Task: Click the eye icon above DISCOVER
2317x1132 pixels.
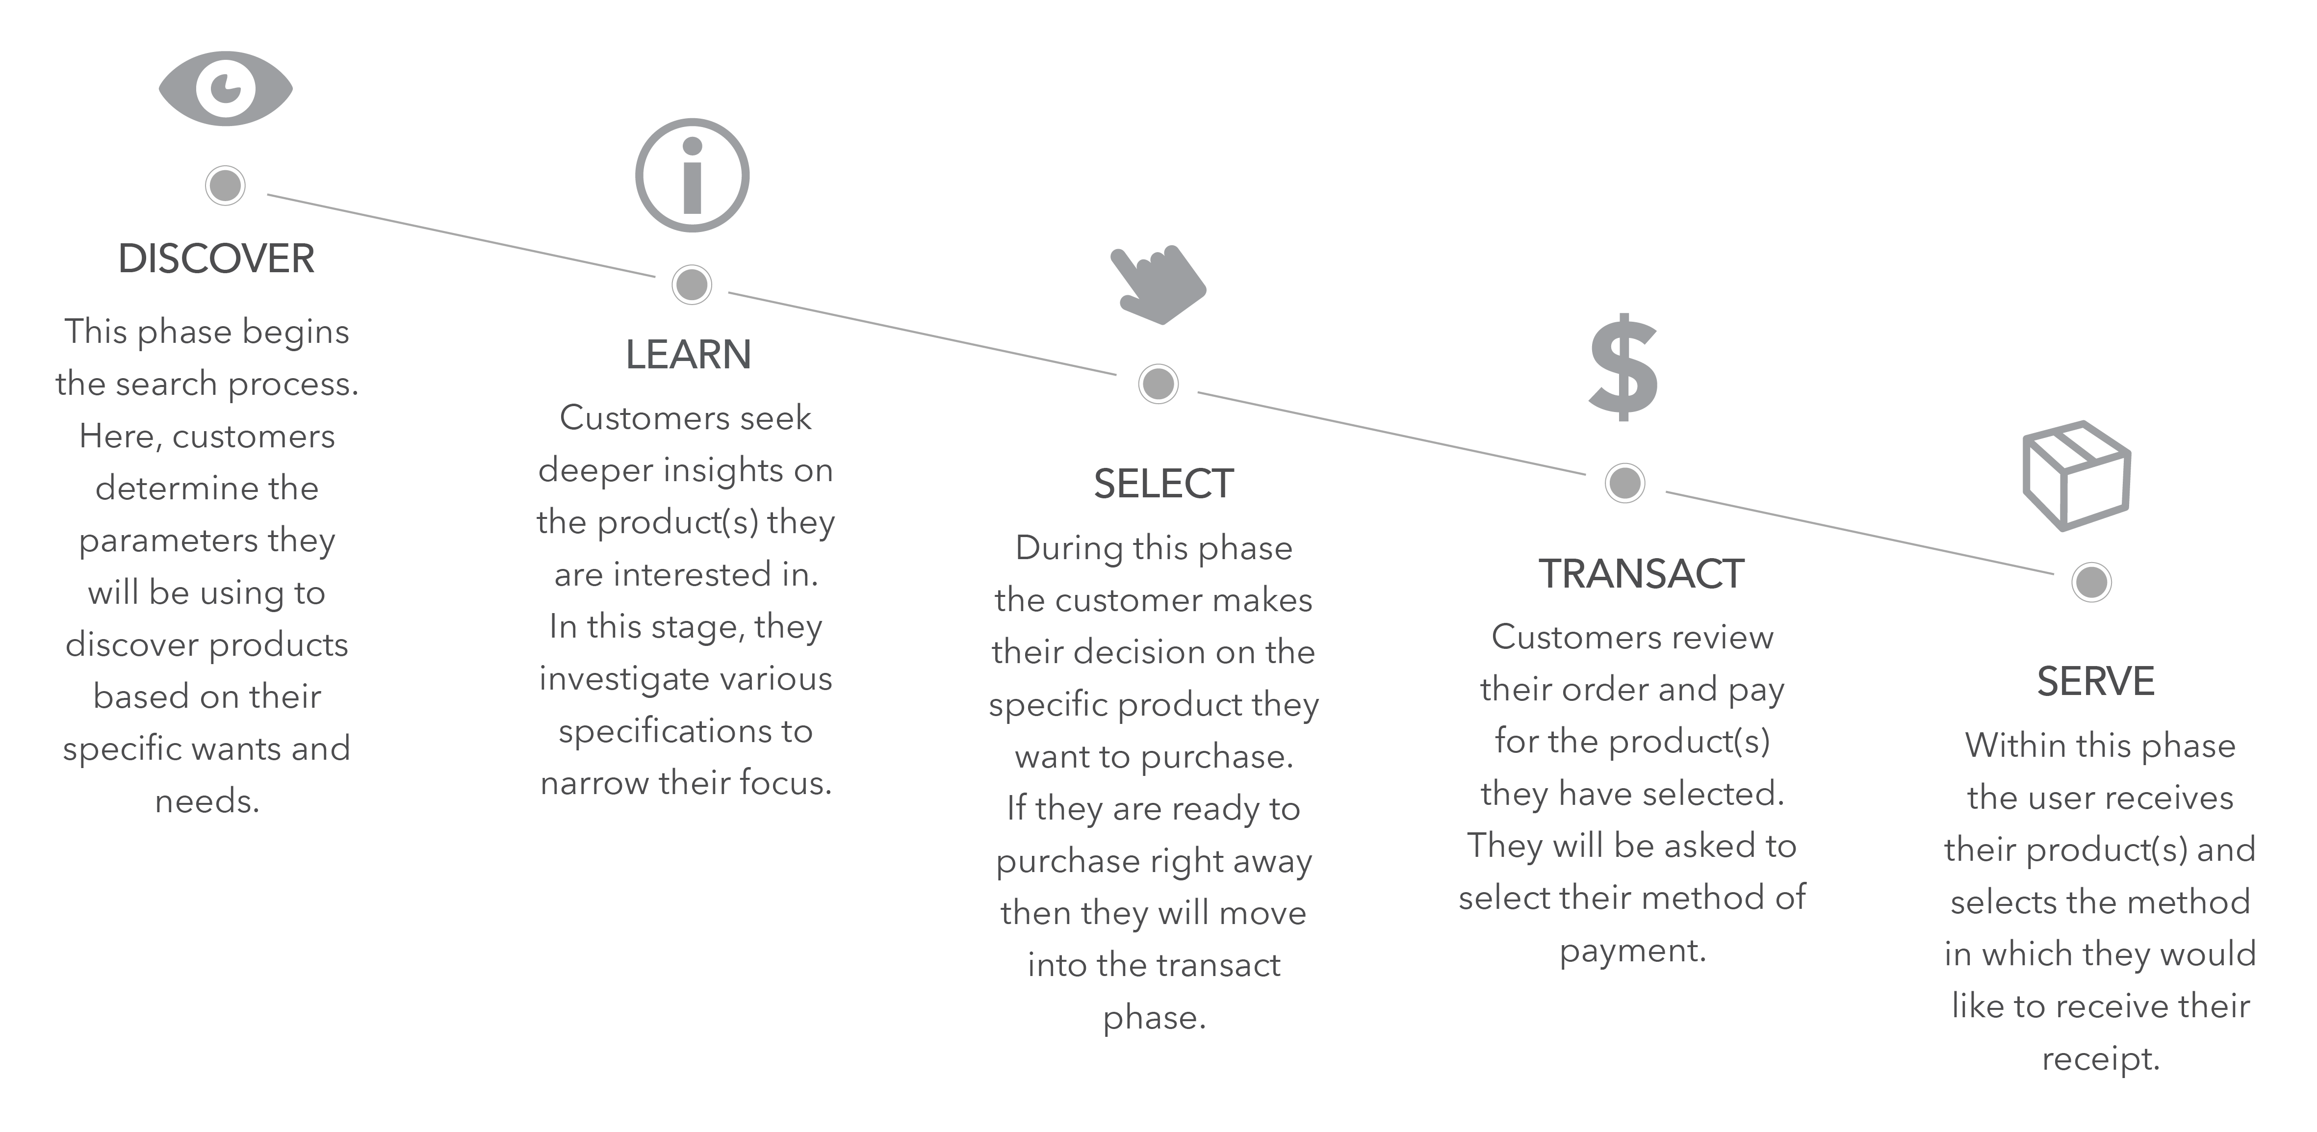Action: [226, 88]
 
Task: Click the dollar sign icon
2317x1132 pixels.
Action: [1623, 367]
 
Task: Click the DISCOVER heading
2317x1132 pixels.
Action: [216, 259]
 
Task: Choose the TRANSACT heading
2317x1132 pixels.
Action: [1642, 574]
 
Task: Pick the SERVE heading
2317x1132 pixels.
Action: [2096, 682]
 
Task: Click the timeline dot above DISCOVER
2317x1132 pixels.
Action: [225, 185]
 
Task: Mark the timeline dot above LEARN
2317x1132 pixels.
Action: [692, 285]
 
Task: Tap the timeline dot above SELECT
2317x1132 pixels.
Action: [1158, 384]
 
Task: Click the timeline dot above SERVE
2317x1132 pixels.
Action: [2091, 582]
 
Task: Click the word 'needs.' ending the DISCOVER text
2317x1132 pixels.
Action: [207, 800]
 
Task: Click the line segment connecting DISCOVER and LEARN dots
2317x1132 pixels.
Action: [462, 234]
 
